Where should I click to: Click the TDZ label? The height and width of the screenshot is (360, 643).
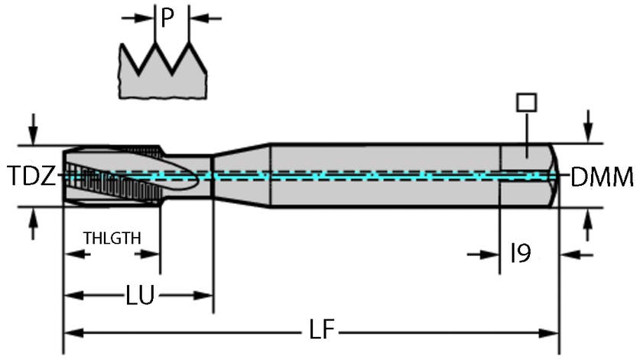point(32,177)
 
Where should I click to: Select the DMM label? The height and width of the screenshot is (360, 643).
point(602,177)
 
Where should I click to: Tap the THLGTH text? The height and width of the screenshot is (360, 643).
point(112,238)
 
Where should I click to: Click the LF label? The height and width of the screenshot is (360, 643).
point(322,331)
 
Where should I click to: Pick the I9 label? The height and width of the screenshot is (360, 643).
point(520,253)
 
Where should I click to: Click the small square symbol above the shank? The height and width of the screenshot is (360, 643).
point(527,102)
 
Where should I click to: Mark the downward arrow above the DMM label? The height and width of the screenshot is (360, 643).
point(587,125)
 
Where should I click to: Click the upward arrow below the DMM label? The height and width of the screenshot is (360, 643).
point(587,225)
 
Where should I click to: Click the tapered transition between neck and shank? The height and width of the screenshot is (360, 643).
point(241,175)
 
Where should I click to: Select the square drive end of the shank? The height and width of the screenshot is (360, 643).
point(529,175)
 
